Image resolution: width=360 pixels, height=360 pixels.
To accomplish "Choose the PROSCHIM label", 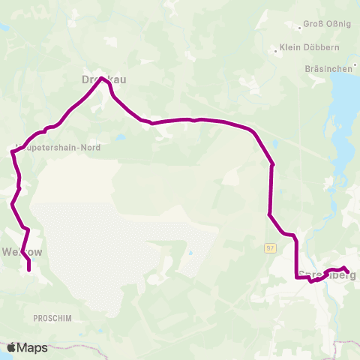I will coord(50,318).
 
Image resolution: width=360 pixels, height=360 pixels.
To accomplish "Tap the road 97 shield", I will coord(271,247).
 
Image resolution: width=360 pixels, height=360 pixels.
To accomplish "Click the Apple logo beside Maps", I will coord(12,347).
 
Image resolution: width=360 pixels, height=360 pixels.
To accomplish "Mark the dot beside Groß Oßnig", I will coord(301,28).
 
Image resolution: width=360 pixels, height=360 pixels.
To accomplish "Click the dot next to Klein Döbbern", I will coord(275,51).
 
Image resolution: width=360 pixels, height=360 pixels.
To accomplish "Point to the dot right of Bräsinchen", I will coord(355,68).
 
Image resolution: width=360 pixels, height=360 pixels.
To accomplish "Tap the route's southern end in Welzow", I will coord(29,269).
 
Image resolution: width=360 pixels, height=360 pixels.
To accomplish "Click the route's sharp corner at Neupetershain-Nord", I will coord(12,152).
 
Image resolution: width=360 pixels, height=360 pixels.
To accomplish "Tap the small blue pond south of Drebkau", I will coord(119,138).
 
